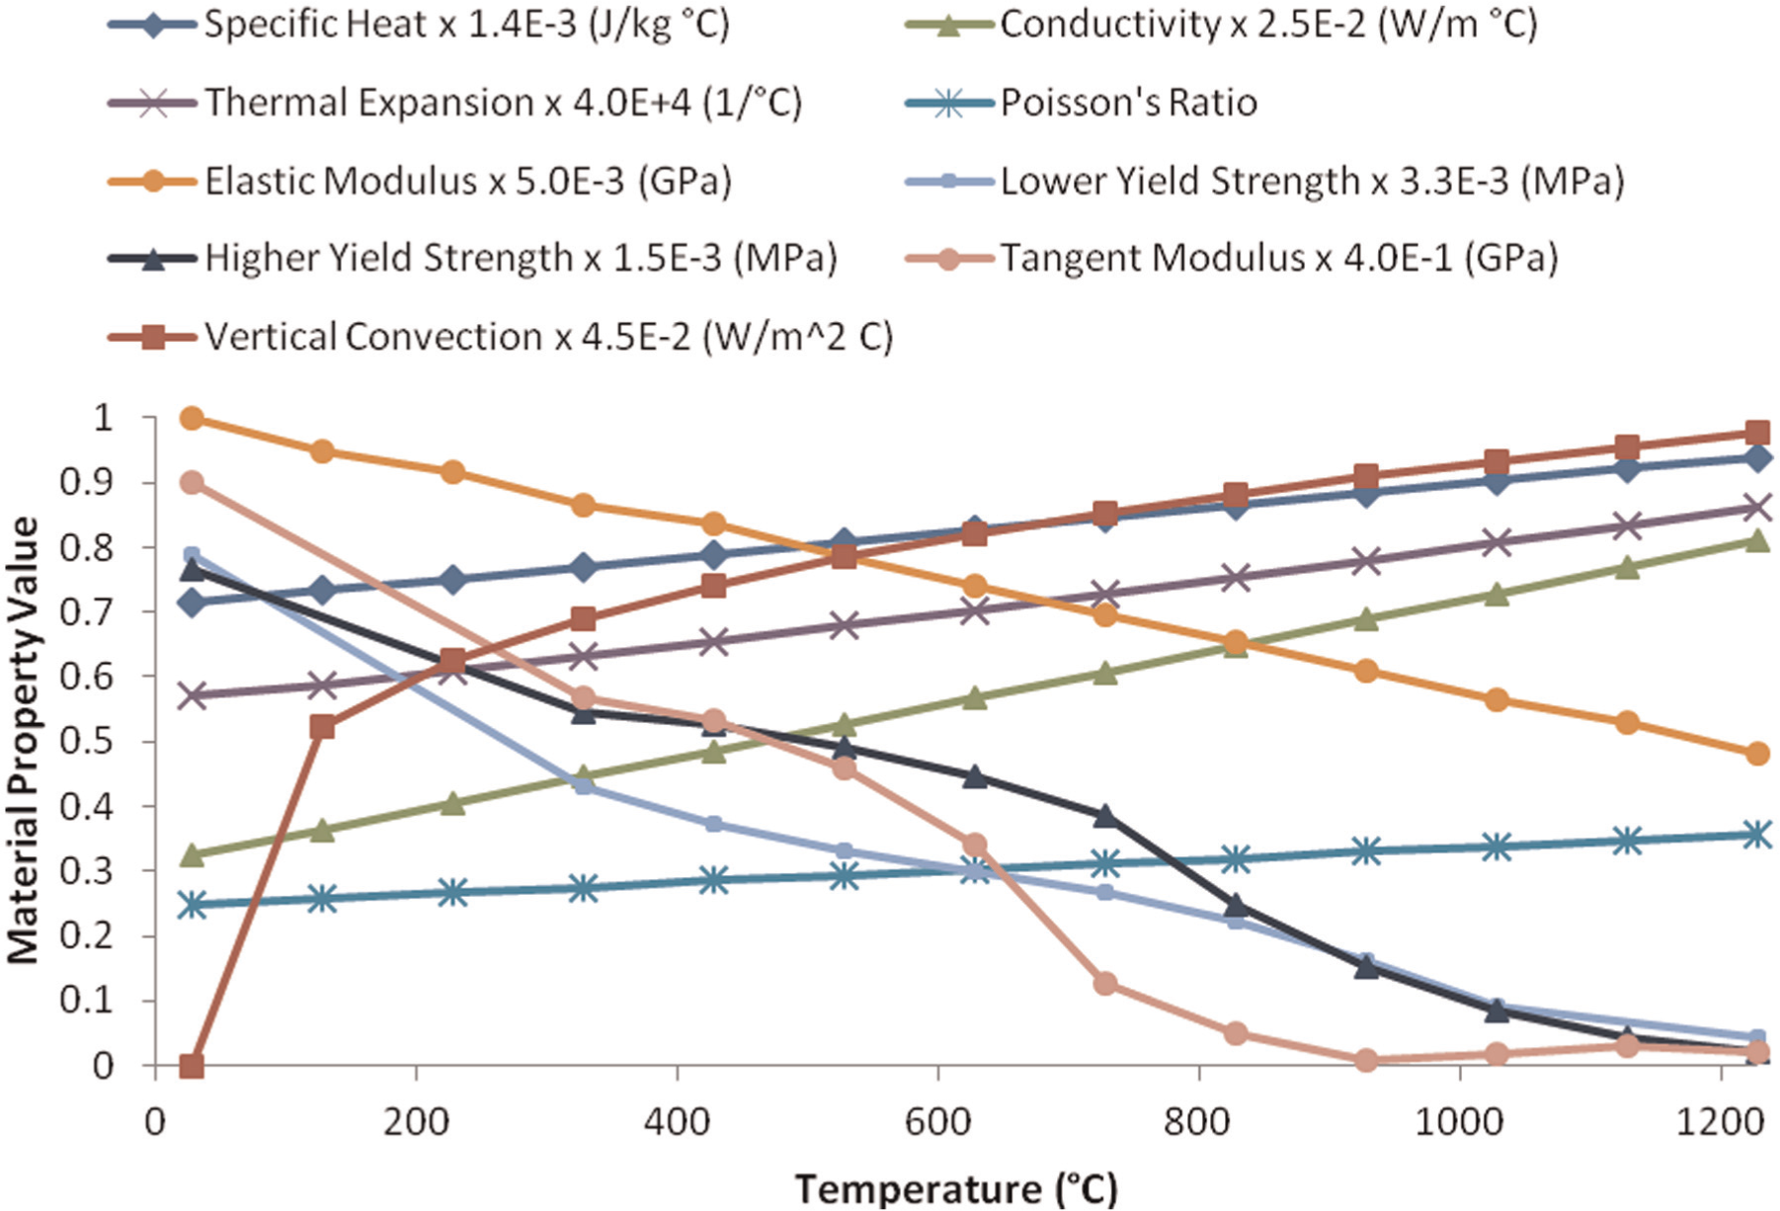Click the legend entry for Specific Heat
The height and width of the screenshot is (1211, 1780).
419,24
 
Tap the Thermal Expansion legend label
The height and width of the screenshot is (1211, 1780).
455,102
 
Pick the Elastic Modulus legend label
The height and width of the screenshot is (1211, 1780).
420,181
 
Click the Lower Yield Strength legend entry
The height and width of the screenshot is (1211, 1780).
1265,181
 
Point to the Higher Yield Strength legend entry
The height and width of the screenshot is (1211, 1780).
473,259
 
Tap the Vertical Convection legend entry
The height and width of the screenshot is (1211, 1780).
501,337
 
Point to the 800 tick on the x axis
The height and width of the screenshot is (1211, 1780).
1198,1123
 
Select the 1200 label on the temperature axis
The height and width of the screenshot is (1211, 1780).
1721,1123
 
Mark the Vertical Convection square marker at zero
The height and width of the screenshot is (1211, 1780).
192,1066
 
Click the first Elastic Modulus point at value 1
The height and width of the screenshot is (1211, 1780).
193,418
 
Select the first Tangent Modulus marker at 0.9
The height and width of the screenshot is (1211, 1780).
193,483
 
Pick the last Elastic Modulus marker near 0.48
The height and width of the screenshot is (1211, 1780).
1756,754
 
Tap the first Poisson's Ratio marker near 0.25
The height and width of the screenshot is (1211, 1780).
193,904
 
